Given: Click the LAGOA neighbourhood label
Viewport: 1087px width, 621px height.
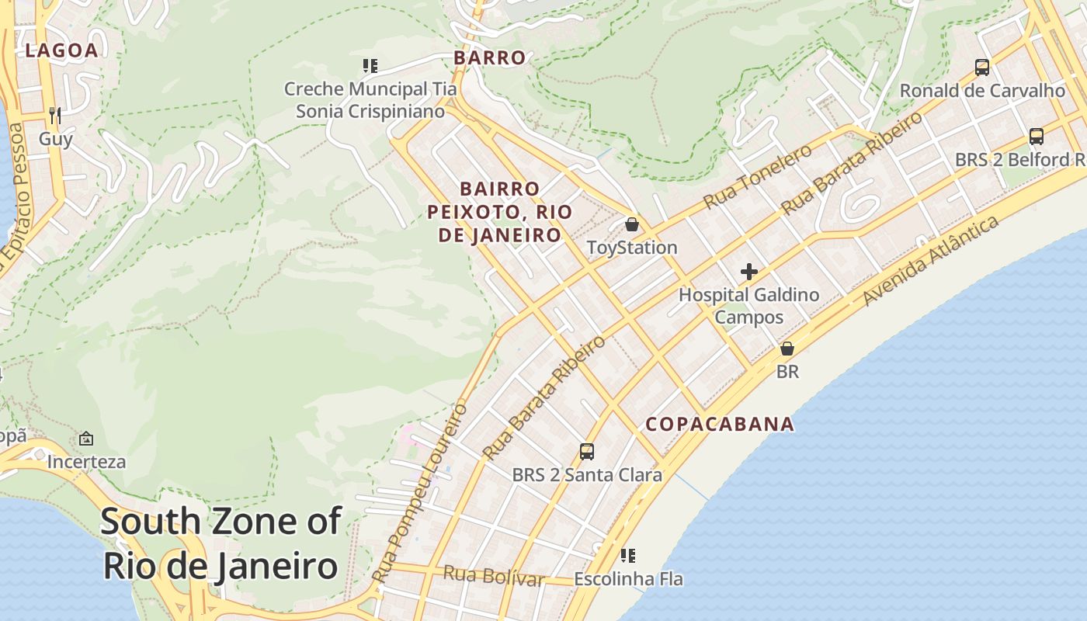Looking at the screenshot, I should (x=61, y=51).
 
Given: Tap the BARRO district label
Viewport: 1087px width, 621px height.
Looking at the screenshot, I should (x=489, y=57).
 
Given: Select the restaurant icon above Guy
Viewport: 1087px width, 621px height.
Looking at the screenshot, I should (x=54, y=116).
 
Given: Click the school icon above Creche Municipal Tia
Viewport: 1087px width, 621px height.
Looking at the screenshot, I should (x=370, y=66).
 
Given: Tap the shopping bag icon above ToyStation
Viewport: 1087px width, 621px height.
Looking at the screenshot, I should (x=632, y=224).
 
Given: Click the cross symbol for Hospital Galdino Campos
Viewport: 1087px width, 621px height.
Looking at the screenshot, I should (x=749, y=272).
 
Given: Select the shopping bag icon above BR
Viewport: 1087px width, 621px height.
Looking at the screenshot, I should (x=787, y=349).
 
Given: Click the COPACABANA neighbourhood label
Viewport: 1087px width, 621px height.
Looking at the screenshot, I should (x=720, y=424).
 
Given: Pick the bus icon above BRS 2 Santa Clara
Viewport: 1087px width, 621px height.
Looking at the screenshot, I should (x=587, y=451).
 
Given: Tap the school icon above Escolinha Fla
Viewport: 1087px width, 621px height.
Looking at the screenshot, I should (x=628, y=556).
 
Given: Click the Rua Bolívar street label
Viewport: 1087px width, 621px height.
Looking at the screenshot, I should (x=493, y=576).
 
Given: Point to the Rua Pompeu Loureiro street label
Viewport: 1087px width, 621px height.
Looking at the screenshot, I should (x=419, y=493).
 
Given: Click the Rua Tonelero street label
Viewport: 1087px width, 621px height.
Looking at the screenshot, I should (x=757, y=176).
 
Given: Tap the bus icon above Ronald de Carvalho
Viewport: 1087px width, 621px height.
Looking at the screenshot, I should (x=982, y=68).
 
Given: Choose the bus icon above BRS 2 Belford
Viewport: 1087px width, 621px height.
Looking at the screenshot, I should (x=1036, y=137).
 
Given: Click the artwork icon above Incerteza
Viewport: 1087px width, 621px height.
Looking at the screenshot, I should (x=86, y=439).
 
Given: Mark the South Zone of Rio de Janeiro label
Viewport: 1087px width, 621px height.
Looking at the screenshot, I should (x=221, y=543).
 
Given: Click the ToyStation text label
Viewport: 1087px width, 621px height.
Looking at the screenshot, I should (x=632, y=248).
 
